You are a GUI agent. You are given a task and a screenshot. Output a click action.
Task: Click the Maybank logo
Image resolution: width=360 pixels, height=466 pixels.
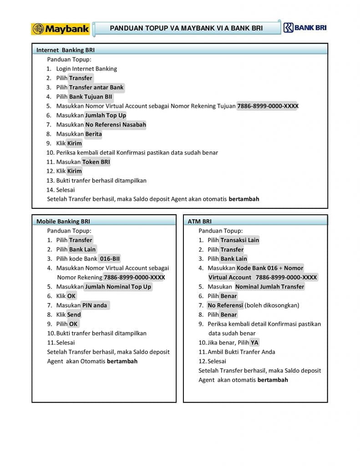pyautogui.click(x=60, y=29)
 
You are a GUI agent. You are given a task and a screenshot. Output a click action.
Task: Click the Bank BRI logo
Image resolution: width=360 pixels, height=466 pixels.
pyautogui.click(x=305, y=28)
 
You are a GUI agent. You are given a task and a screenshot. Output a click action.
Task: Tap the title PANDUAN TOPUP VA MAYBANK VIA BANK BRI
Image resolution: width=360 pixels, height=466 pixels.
pyautogui.click(x=187, y=29)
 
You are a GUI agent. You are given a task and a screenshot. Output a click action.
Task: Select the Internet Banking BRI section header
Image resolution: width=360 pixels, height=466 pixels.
pyautogui.click(x=66, y=50)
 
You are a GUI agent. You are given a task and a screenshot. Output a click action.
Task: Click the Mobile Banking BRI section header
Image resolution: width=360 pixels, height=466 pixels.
pyautogui.click(x=63, y=222)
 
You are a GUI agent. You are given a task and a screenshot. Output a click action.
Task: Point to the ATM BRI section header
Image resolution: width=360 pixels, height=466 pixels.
pyautogui.click(x=199, y=222)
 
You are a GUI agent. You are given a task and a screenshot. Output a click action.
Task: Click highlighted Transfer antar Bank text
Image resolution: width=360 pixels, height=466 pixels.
pyautogui.click(x=96, y=87)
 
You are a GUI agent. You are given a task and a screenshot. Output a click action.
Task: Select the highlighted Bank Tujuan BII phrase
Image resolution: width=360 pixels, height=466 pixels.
pyautogui.click(x=91, y=96)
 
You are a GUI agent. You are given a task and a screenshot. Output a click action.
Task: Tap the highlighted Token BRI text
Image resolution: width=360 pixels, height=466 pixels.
pyautogui.click(x=96, y=162)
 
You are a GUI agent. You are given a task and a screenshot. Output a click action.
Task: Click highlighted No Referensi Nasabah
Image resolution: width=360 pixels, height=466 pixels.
pyautogui.click(x=116, y=125)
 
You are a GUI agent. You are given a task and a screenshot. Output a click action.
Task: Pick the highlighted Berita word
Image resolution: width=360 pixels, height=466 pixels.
pyautogui.click(x=93, y=134)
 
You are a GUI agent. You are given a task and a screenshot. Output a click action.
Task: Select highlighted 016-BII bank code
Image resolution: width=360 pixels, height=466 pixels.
pyautogui.click(x=110, y=258)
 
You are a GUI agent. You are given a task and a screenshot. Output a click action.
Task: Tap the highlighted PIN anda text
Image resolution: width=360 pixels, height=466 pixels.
pyautogui.click(x=95, y=305)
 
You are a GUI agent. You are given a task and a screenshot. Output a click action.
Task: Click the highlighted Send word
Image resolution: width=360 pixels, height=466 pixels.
pyautogui.click(x=74, y=314)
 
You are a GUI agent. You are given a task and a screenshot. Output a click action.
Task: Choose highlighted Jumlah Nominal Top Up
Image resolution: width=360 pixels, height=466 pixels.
pyautogui.click(x=118, y=287)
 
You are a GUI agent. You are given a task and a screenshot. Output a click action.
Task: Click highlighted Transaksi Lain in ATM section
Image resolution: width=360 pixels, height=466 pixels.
pyautogui.click(x=239, y=240)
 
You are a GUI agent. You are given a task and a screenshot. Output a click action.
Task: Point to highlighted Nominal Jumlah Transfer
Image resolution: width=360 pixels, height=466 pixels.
pyautogui.click(x=269, y=287)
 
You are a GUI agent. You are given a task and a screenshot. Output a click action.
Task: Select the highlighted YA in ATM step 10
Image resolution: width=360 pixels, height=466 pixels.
pyautogui.click(x=254, y=342)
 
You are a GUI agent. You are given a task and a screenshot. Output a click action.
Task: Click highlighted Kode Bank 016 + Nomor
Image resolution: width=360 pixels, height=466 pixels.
pyautogui.click(x=270, y=268)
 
